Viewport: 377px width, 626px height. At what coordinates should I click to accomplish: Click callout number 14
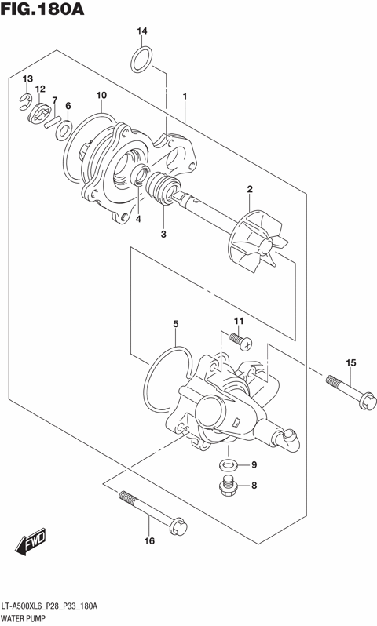tap(141, 31)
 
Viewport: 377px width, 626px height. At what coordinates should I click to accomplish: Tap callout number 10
tap(101, 96)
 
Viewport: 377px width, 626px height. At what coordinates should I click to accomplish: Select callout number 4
tap(137, 219)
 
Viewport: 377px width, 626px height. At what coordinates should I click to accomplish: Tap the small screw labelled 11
tap(240, 339)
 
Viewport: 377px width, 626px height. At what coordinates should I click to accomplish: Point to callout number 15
tap(351, 362)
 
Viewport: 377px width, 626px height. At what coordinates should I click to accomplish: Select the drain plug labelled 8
tap(227, 486)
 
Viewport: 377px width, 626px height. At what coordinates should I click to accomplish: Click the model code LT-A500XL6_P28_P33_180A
tap(55, 607)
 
